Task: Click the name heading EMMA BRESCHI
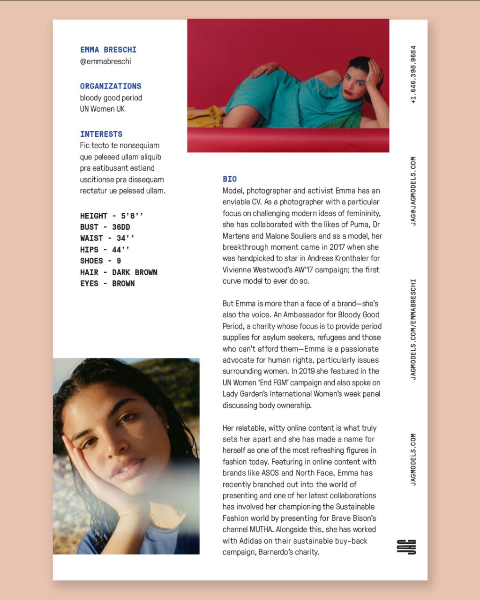(x=108, y=50)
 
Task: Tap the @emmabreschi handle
(x=105, y=61)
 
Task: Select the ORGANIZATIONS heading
(x=111, y=86)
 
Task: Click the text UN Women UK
(x=102, y=109)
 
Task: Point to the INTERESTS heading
(x=101, y=134)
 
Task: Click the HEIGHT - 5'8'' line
(x=112, y=216)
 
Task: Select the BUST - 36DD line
(x=105, y=227)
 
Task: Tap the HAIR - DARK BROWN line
(x=119, y=272)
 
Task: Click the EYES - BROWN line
(x=107, y=284)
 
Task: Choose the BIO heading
(x=230, y=179)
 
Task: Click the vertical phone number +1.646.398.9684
(x=413, y=75)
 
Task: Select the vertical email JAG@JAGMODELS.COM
(x=413, y=191)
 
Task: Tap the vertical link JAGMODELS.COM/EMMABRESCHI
(x=413, y=330)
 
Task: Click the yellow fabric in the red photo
(x=206, y=116)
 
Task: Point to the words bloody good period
(x=111, y=98)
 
